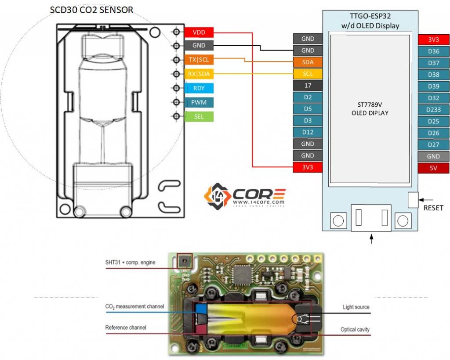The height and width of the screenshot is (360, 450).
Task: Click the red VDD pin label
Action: [199, 32]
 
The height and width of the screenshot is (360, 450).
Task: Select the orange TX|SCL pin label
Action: [199, 60]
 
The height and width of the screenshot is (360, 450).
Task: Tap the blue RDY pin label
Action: [199, 88]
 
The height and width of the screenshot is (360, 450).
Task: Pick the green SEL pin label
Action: [199, 116]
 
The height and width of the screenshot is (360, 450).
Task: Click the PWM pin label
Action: [199, 102]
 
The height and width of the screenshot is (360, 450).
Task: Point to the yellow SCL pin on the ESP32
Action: [308, 74]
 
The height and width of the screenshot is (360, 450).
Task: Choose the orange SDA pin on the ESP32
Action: [308, 62]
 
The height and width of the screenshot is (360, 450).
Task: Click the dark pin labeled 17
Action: [308, 86]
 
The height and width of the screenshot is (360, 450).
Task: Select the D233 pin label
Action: [433, 109]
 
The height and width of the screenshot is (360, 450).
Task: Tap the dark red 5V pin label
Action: [433, 168]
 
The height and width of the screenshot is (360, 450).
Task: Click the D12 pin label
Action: [308, 132]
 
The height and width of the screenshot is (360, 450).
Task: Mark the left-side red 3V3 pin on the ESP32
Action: [308, 167]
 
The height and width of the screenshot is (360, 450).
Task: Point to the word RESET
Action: [433, 208]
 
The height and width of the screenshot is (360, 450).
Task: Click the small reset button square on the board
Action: [413, 200]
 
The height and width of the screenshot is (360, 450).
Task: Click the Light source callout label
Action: [356, 307]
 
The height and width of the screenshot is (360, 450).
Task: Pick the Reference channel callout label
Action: [126, 328]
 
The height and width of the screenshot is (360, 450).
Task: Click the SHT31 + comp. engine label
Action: [130, 263]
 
